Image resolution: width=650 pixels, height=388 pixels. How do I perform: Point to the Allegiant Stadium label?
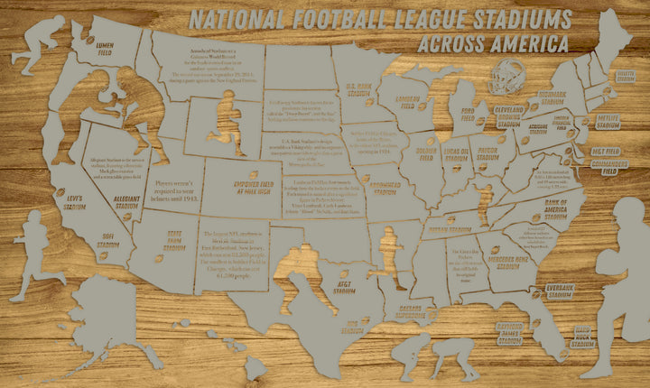[126, 203]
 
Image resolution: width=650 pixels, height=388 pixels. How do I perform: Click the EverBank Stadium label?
[555, 291]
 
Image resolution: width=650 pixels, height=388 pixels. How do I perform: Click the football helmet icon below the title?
[508, 78]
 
